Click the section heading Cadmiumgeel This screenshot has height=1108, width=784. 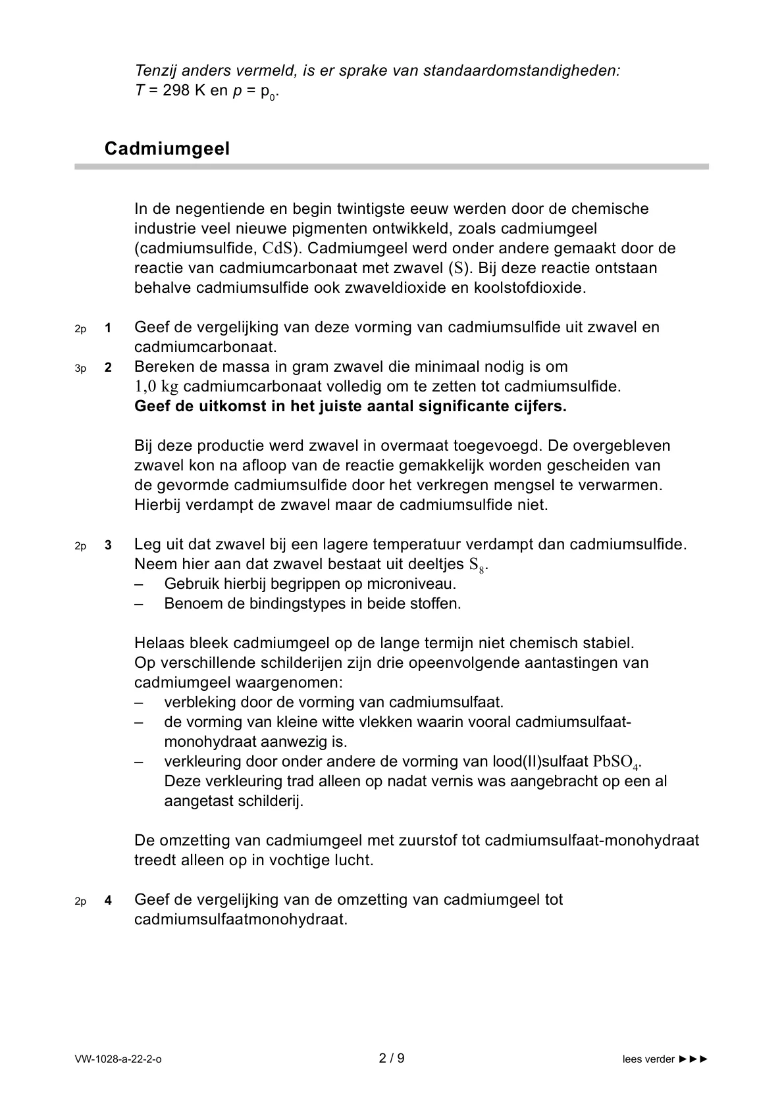[x=167, y=149]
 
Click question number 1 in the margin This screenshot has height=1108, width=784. [x=108, y=328]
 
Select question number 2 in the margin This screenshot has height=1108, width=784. [x=108, y=367]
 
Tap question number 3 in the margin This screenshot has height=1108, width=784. [x=108, y=545]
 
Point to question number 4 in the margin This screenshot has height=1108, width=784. [x=108, y=901]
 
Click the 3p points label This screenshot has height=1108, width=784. [x=80, y=368]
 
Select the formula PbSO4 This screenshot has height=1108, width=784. [x=616, y=762]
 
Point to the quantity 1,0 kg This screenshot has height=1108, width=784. [x=157, y=386]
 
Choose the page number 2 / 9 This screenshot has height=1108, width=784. [x=392, y=1059]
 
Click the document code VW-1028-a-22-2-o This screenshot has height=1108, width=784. [x=118, y=1059]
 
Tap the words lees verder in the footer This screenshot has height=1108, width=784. [x=648, y=1059]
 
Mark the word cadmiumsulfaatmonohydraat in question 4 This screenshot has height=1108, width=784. [x=240, y=919]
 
